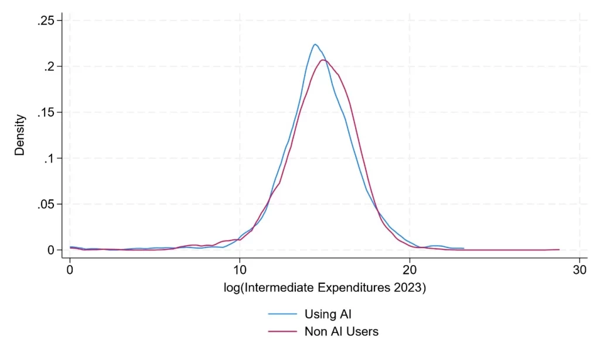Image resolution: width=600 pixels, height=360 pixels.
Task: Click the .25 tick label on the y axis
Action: point(46,21)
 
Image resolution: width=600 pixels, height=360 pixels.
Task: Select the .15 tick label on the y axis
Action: point(46,113)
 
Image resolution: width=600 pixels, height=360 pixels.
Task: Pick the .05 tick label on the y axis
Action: point(46,204)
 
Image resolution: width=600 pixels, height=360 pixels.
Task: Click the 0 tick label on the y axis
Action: point(52,250)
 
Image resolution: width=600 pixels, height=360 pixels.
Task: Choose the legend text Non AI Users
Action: point(342,331)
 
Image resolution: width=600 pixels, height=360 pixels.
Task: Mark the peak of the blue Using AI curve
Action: point(315,44)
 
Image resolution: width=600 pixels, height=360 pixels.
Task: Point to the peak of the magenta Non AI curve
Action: point(323,60)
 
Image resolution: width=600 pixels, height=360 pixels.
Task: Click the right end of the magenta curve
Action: point(559,249)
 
